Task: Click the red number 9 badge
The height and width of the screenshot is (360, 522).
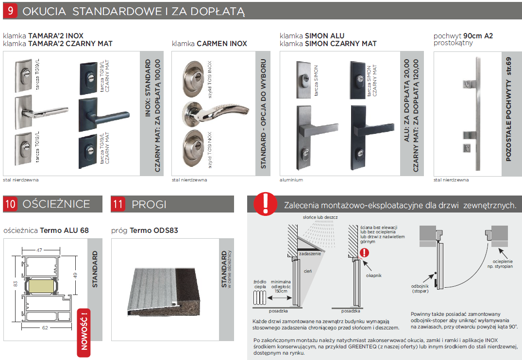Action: [10, 11]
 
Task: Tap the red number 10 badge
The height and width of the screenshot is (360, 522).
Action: [10, 204]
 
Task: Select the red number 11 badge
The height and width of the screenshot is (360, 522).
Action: [118, 204]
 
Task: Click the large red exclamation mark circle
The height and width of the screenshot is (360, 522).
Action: [265, 203]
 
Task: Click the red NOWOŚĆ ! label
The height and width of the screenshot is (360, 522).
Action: [84, 332]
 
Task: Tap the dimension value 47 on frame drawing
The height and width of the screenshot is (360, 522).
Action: [39, 250]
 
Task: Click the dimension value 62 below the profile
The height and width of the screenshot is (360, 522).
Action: [45, 327]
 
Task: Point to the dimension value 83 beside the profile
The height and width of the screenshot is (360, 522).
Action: [16, 284]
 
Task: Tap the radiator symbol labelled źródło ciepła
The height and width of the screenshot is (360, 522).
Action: [260, 297]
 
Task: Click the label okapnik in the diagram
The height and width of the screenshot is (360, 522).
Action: [373, 276]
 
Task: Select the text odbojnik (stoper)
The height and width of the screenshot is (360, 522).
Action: [420, 289]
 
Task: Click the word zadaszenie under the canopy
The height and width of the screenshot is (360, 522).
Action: [310, 254]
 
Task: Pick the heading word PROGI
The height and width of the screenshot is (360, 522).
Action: [149, 204]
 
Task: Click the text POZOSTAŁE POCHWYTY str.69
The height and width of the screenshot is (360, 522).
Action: [508, 110]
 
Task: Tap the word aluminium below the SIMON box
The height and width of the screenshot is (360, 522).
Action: [291, 180]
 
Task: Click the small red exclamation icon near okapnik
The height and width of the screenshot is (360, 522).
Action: [365, 252]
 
